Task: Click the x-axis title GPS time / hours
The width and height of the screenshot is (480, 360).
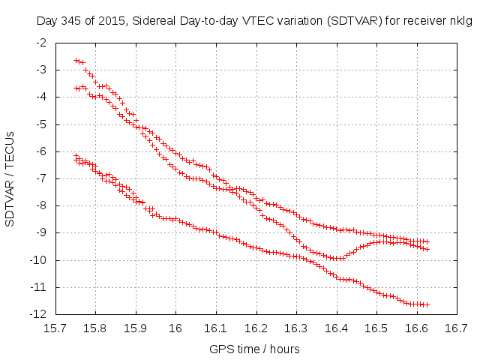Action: pos(255,349)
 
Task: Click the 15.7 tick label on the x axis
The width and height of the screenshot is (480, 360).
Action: pos(55,328)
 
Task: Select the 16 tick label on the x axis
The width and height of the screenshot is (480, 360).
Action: pos(175,328)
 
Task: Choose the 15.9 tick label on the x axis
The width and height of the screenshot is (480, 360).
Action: pos(135,328)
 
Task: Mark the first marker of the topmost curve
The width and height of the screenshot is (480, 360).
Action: pos(76,60)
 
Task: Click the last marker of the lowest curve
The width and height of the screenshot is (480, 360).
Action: pos(427,304)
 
